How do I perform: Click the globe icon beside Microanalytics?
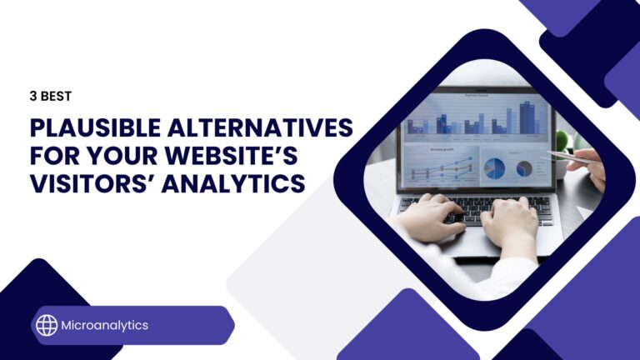tap(47, 325)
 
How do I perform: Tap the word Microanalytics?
tap(104, 325)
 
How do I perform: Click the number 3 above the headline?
tap(32, 96)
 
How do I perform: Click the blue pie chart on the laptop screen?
tap(495, 167)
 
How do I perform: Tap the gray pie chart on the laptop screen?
tap(524, 167)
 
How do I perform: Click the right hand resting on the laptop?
tap(510, 225)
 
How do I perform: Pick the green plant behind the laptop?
tap(562, 140)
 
